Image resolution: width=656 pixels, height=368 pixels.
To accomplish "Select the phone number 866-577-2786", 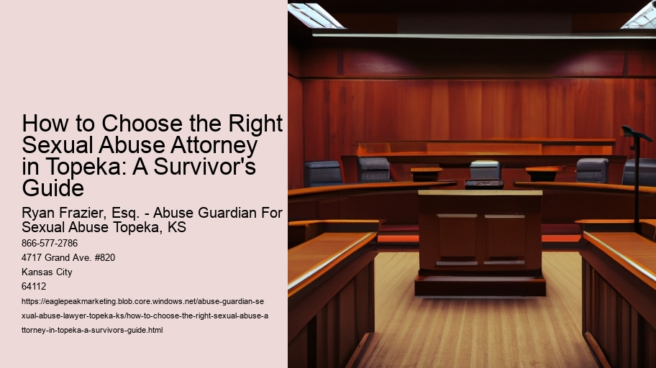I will click(50, 243).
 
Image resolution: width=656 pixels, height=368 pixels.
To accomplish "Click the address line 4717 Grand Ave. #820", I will click(69, 258).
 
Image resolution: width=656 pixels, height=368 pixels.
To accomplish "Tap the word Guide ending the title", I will click(53, 189).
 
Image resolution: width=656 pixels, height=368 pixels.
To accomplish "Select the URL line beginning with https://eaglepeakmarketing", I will click(144, 302).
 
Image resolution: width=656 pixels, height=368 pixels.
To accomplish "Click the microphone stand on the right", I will click(636, 180).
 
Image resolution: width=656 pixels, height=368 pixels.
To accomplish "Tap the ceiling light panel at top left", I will click(316, 14).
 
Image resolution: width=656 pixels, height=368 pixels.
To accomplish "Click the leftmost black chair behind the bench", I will click(322, 173).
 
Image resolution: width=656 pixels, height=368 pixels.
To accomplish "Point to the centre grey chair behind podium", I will click(485, 170).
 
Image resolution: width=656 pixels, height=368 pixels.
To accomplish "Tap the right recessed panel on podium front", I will click(505, 236).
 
